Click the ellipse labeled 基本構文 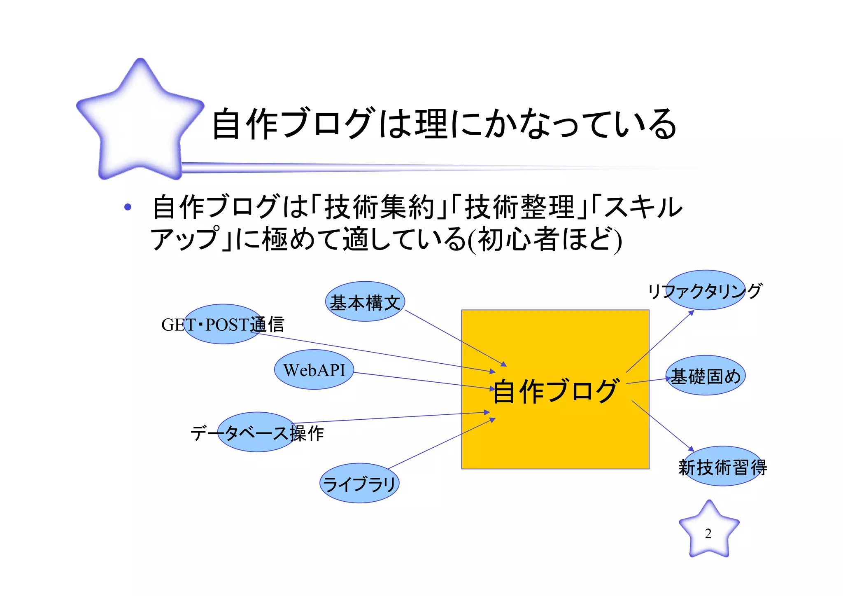click(365, 302)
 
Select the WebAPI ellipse click(314, 369)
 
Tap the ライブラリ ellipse click(359, 483)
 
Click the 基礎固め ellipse click(706, 376)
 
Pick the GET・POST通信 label click(223, 325)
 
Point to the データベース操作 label click(257, 433)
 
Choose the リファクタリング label click(705, 291)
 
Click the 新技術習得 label click(722, 467)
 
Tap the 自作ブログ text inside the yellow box click(555, 391)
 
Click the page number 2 click(708, 533)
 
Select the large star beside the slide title click(140, 119)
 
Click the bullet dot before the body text click(128, 207)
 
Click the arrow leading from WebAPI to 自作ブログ click(424, 381)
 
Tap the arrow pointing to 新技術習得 click(663, 426)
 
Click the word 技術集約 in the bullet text click(379, 207)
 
